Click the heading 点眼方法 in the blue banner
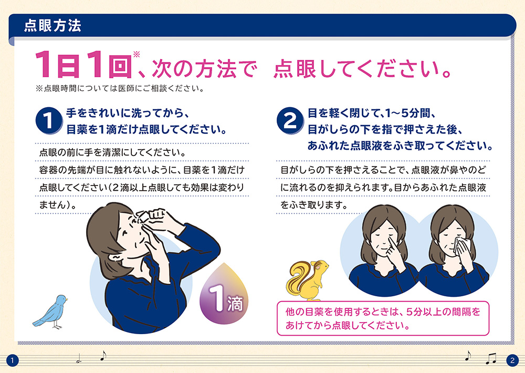pos(52,26)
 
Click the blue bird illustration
pos(51,312)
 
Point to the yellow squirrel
pos(307,280)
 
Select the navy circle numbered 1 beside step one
pos(49,121)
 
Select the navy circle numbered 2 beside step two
pos(290,121)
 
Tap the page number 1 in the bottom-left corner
pos(13,360)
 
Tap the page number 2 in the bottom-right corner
pos(512,360)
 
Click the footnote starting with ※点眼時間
pos(120,89)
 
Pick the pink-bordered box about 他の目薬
pos(383,318)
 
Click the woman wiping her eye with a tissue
pos(454,251)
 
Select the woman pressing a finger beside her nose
pos(384,251)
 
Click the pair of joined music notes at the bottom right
pos(491,359)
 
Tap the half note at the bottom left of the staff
pos(79,359)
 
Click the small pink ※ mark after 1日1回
pos(136,54)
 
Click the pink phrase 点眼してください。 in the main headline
pos(362,68)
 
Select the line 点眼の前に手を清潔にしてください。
pos(112,152)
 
